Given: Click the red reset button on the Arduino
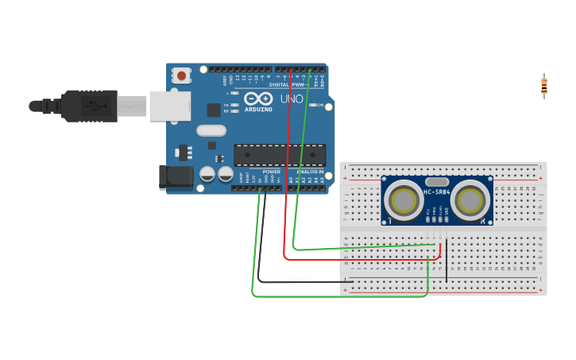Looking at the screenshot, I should point(182,76).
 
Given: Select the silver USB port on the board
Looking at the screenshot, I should point(170,106).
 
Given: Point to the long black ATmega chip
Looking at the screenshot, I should point(279,155).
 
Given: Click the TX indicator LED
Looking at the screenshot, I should point(234,105).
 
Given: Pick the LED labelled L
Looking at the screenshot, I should point(234,93).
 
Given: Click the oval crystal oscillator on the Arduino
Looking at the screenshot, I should point(211,130).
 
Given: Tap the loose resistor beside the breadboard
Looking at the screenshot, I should point(544,86).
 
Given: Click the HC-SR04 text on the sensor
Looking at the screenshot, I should point(437,192).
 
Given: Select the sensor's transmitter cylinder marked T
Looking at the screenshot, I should point(403,200).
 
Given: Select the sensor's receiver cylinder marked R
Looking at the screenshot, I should point(471,200).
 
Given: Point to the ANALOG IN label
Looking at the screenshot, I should point(310,172).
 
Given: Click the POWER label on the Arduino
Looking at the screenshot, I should point(272,172).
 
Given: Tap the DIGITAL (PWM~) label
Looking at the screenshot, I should point(289,83).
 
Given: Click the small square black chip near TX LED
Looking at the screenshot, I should point(214,110).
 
